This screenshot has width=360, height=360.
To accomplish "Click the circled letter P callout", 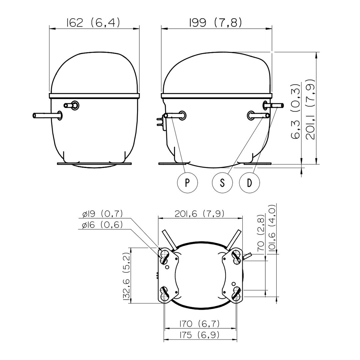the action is (187, 183).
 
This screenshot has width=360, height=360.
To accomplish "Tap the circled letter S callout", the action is (222, 183).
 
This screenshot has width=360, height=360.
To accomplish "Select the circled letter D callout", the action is (250, 183).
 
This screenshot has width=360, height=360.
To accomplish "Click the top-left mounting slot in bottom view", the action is (164, 256).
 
